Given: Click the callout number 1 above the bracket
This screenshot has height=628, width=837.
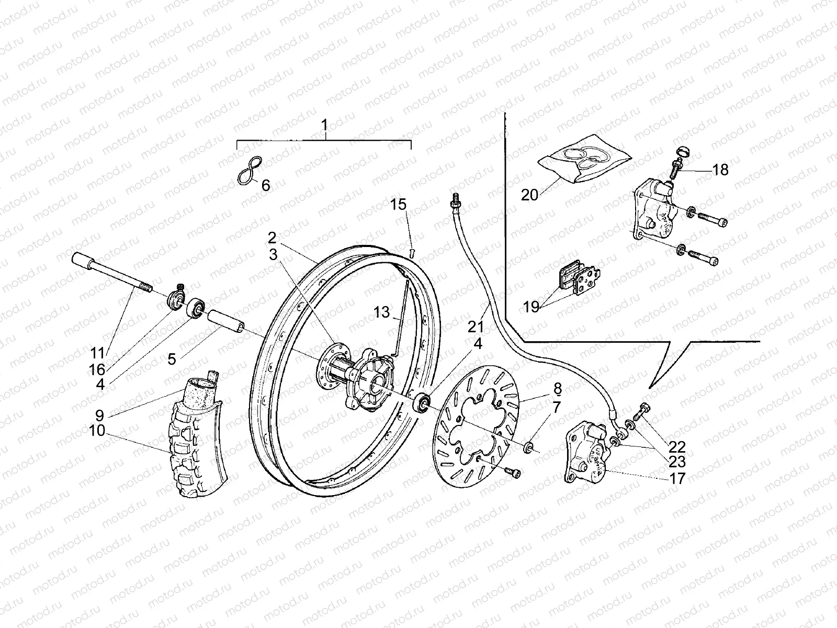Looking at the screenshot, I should tap(324, 126).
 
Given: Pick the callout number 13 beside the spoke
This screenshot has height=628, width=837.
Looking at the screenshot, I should tap(382, 312).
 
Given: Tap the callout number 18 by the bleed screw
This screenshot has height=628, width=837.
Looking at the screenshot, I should tap(720, 170).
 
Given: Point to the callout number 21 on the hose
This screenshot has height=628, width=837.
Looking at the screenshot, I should tap(476, 328).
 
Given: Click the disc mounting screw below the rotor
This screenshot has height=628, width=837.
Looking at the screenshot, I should tap(512, 472).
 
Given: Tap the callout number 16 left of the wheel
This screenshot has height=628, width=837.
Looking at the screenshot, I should tap(97, 369).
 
